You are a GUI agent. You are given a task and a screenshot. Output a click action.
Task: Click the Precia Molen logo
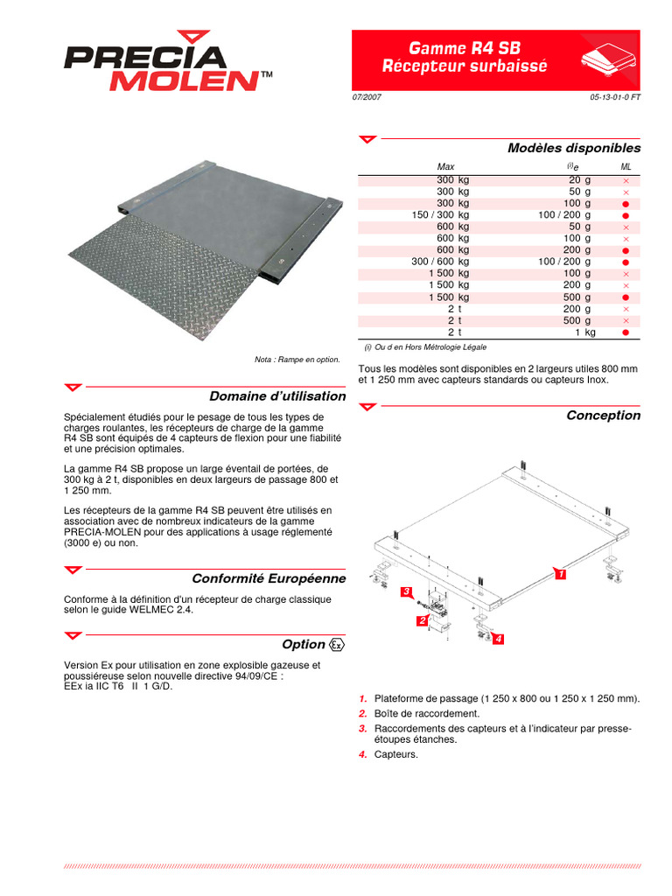point(168,61)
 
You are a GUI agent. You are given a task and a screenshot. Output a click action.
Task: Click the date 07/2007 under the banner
point(367,97)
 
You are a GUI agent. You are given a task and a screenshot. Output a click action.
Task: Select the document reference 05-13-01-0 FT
point(615,97)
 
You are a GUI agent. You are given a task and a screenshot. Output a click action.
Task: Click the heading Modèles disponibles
point(574,148)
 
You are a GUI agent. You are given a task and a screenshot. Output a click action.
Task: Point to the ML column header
point(626,167)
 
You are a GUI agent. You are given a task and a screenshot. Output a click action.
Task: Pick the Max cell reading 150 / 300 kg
point(440,215)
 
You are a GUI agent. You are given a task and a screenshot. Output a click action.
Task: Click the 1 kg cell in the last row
point(585,332)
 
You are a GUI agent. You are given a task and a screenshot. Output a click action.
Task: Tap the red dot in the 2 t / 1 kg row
point(626,332)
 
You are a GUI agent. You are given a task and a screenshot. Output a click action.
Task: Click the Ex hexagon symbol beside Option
point(337,645)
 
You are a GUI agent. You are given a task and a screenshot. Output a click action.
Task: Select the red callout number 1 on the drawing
point(561,574)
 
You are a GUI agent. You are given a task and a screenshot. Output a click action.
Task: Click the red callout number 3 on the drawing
point(406,591)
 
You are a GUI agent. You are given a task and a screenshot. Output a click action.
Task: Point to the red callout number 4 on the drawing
point(498,639)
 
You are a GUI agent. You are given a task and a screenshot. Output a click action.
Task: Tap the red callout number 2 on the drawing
point(423,620)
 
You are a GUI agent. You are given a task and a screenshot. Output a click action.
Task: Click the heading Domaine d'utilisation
point(277,396)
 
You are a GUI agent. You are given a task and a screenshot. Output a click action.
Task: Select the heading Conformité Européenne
point(269,578)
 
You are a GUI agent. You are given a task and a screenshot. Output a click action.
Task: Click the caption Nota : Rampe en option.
point(297,360)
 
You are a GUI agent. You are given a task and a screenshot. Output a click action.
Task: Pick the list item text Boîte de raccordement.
point(427,714)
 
